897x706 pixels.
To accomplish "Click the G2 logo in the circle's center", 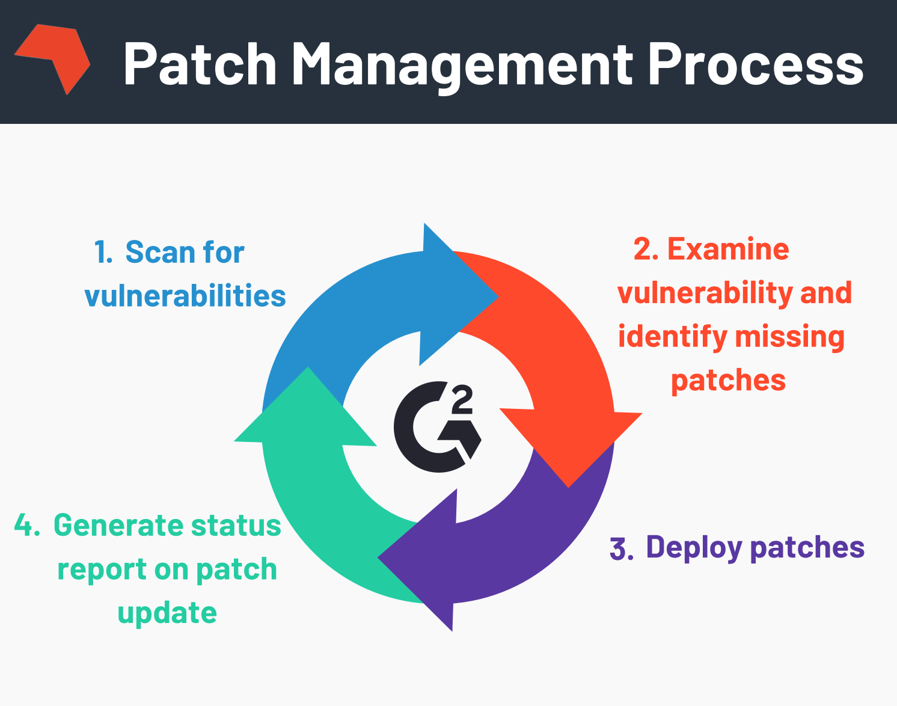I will click(x=437, y=426).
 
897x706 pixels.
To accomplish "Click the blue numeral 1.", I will click(x=103, y=253).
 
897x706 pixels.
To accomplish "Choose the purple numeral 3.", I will click(x=621, y=549).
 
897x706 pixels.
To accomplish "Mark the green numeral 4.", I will click(x=27, y=526).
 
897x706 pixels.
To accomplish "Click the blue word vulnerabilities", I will click(x=185, y=296).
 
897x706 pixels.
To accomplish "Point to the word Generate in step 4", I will click(x=118, y=526).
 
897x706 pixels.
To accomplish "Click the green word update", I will click(x=167, y=614).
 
